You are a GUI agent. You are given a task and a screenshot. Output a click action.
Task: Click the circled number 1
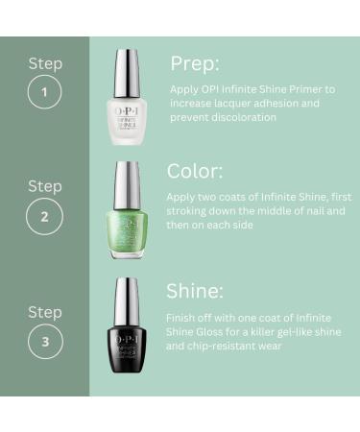click(x=44, y=94)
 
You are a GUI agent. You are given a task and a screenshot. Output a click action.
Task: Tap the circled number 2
click(x=44, y=216)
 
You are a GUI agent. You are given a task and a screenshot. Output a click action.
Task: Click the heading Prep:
click(x=196, y=63)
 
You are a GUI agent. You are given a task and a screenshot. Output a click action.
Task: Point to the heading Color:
click(x=201, y=171)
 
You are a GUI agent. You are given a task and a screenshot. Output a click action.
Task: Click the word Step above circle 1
click(x=44, y=64)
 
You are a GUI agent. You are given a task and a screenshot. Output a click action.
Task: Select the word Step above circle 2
click(x=44, y=185)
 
